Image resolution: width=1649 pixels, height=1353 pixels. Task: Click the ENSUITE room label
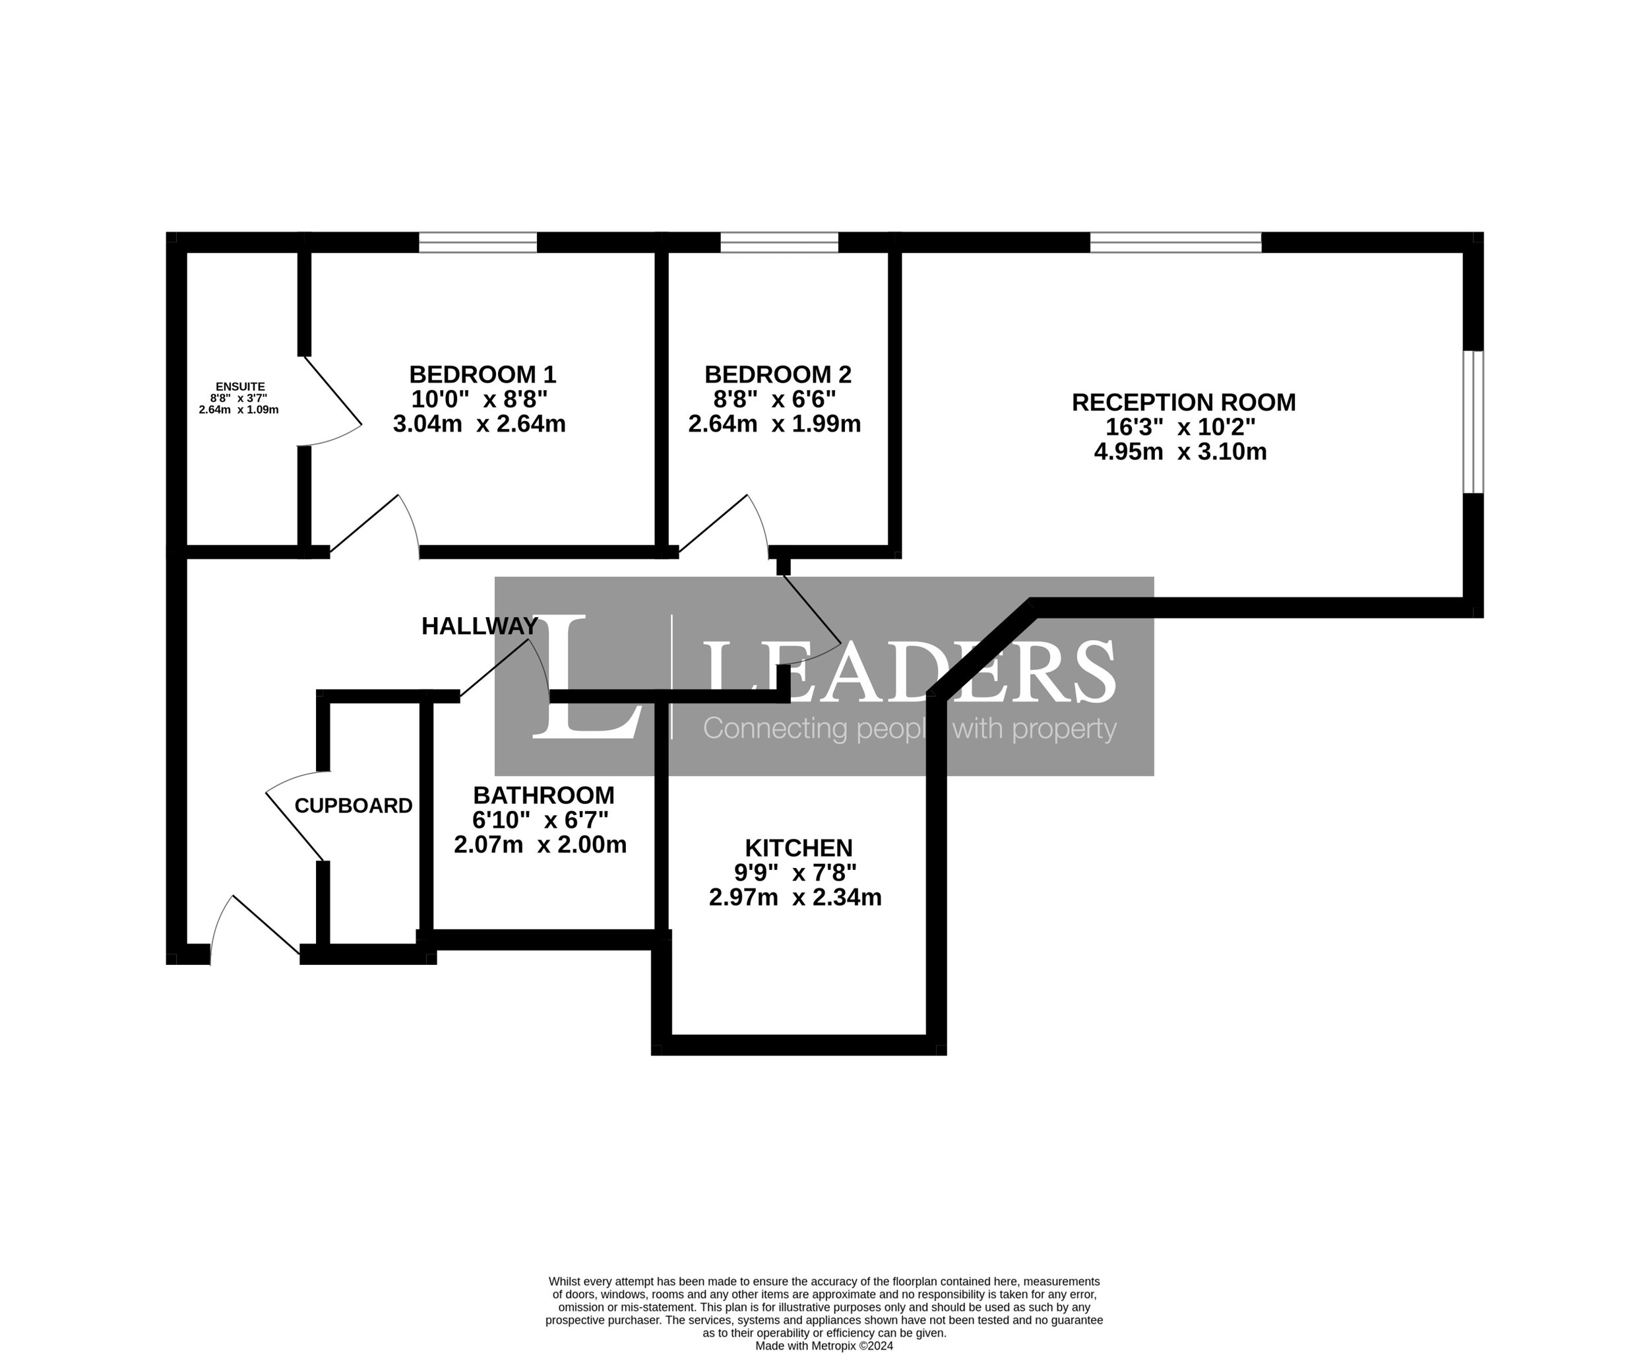(x=240, y=387)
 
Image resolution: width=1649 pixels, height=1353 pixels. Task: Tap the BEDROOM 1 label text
(x=482, y=375)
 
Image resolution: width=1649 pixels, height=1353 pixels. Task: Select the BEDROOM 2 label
(x=778, y=375)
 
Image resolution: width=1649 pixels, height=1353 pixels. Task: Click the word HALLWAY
(x=479, y=626)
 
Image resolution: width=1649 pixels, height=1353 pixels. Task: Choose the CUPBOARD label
(x=353, y=806)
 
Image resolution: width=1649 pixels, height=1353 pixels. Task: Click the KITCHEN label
(x=798, y=847)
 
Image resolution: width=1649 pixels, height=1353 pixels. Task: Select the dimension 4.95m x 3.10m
(x=1180, y=452)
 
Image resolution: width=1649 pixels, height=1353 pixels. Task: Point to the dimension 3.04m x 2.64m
(x=479, y=424)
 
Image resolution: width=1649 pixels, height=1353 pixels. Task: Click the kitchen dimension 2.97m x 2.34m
(x=795, y=897)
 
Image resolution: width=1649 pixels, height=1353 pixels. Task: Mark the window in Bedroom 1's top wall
(x=478, y=242)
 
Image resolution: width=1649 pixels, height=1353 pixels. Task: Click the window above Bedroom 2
(x=779, y=242)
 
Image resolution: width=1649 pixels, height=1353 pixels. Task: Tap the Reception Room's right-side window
(x=1473, y=422)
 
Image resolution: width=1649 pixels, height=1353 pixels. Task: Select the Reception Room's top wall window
(x=1175, y=242)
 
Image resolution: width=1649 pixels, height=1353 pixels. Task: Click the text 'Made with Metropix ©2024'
(x=824, y=1345)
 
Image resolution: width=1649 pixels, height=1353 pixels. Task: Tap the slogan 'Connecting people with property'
(x=910, y=728)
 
